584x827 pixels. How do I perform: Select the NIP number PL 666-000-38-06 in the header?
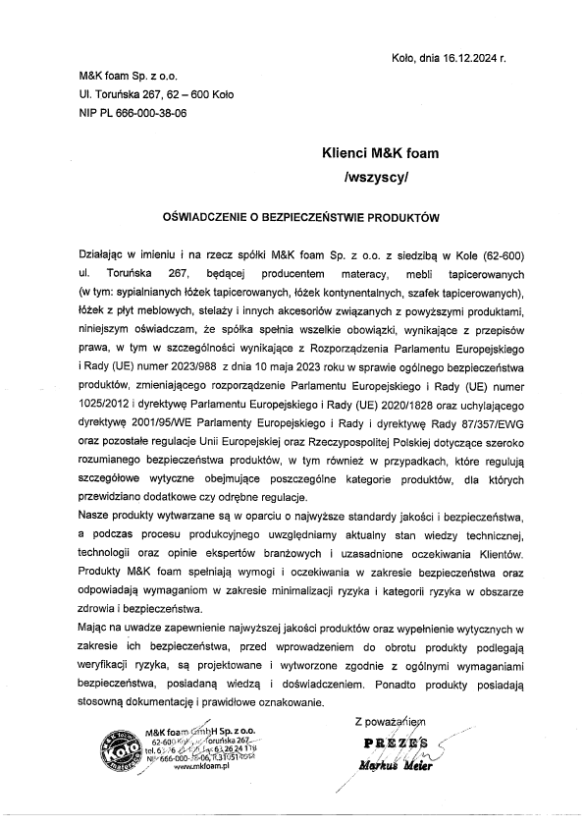coord(146,113)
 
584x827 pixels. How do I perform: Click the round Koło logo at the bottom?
coord(116,754)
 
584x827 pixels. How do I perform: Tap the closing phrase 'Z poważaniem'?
coord(393,723)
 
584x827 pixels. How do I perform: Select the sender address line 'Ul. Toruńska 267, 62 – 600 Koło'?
coord(157,94)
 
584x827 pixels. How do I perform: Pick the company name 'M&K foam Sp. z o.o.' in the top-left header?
coord(129,76)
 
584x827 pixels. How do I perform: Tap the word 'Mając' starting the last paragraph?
coord(96,627)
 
